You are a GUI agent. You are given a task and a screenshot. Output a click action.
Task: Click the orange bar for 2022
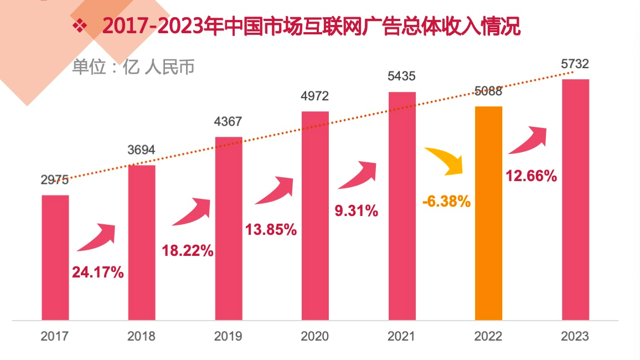pos(488,213)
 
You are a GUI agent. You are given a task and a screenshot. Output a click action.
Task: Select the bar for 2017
pos(55,258)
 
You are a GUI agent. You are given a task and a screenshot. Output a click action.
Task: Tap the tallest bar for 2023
pos(575,199)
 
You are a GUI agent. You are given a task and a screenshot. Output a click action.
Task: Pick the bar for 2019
pos(229,228)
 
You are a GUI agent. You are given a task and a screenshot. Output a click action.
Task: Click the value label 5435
pos(402,76)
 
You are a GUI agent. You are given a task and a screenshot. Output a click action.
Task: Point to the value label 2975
pos(54,179)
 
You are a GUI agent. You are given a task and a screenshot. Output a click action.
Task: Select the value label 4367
pos(228,121)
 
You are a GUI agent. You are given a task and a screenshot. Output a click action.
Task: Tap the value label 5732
pos(575,64)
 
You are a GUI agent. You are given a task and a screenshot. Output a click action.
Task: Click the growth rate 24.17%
pos(98,272)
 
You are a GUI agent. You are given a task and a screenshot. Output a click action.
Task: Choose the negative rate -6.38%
pos(446,202)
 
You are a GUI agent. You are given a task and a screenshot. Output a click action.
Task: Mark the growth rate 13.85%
pos(271,229)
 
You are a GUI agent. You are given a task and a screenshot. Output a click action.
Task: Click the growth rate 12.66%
pos(531,176)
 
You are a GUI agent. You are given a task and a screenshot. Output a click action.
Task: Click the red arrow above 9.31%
pos(359,176)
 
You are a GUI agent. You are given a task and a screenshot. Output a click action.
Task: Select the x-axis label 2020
pos(315,336)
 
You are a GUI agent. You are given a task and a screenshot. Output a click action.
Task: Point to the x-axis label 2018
pos(142,336)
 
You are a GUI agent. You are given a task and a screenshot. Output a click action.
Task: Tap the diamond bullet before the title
pos(81,25)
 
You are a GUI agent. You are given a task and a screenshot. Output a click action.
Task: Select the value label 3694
pos(142,150)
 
